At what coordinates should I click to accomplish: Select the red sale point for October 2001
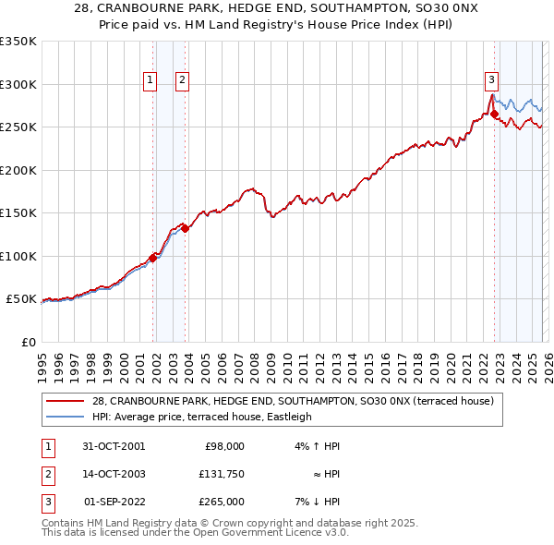pos(152,258)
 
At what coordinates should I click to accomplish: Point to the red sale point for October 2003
pos(185,228)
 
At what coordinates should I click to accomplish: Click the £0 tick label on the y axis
pos(29,342)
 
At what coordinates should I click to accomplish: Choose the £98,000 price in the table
pos(223,445)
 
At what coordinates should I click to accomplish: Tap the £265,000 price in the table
pos(221,502)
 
